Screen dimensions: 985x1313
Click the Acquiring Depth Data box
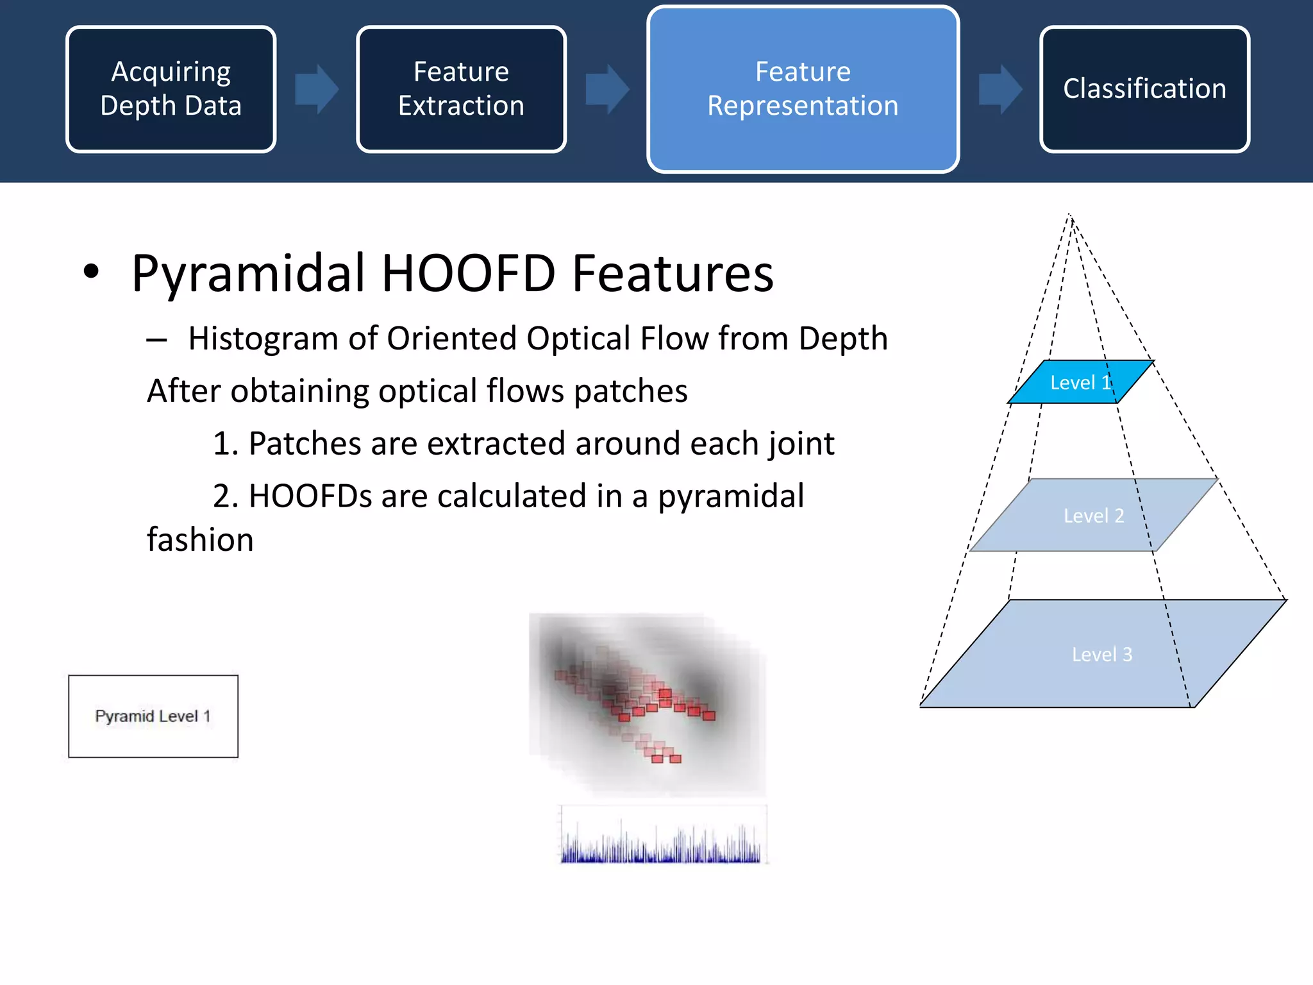(171, 89)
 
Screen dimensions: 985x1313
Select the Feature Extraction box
(461, 89)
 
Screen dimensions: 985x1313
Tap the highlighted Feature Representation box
(803, 89)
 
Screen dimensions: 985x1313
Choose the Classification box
(1144, 89)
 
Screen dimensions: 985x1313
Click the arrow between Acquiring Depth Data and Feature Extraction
(316, 89)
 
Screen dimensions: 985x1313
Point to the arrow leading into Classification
(999, 89)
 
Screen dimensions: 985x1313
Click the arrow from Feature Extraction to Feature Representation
(606, 89)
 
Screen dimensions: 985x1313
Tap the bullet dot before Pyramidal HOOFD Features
(92, 271)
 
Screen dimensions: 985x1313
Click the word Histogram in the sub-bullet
(263, 339)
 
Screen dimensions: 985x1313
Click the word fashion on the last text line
(200, 540)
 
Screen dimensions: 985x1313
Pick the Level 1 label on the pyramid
(1080, 383)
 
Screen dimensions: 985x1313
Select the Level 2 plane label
(1093, 516)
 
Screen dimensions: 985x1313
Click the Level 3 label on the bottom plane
(1101, 654)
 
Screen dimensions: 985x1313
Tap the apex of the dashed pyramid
(1069, 215)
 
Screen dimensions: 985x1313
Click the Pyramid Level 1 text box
(153, 716)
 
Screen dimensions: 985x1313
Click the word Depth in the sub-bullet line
(842, 339)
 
